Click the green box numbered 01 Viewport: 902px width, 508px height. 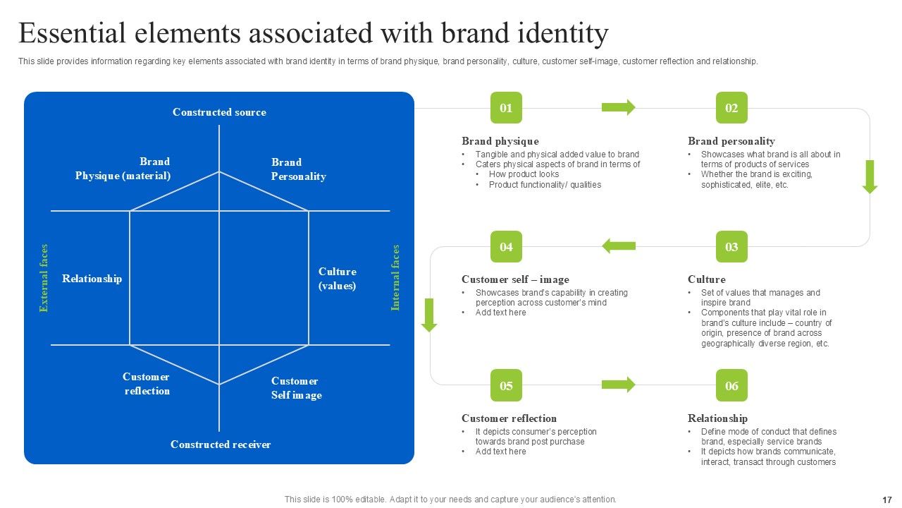[506, 108]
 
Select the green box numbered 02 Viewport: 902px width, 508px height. [731, 108]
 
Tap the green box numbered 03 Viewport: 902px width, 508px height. [731, 247]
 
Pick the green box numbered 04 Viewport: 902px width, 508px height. [506, 247]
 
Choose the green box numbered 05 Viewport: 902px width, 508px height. [506, 385]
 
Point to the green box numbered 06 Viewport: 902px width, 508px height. [731, 385]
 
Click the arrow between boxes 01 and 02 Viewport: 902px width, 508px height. [618, 107]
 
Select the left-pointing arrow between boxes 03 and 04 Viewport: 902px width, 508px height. [618, 246]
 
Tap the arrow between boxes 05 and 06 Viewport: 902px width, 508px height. [618, 385]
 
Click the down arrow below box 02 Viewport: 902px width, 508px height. [870, 176]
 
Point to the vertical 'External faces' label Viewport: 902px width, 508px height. [44, 278]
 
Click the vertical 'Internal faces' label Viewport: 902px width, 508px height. [395, 278]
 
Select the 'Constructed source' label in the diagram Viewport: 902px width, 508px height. [219, 112]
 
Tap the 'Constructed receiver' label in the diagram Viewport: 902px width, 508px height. [221, 445]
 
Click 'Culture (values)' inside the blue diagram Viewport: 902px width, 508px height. [337, 279]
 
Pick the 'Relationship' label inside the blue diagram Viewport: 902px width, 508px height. [92, 279]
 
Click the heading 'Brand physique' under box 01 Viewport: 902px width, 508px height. [500, 141]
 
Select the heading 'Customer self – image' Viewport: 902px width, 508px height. [515, 279]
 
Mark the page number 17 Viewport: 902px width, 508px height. [886, 500]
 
